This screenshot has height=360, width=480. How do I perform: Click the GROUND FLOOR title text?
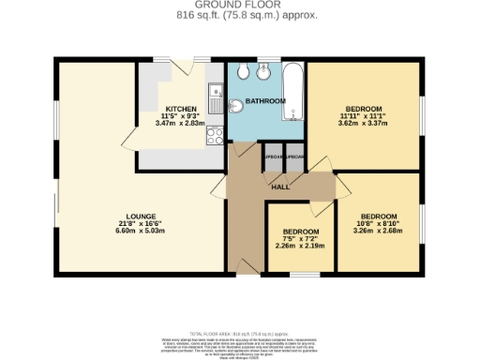point(239,6)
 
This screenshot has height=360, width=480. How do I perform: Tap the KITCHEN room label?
point(181,108)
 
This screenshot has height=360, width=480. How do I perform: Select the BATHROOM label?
point(265,99)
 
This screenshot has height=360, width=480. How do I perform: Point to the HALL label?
point(280,187)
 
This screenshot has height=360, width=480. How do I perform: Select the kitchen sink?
point(215,93)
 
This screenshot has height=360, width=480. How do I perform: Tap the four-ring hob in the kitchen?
point(214,138)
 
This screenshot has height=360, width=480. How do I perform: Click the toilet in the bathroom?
point(243,73)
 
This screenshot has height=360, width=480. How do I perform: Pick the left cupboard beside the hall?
point(274,157)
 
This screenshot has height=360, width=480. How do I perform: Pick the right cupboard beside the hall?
point(294,157)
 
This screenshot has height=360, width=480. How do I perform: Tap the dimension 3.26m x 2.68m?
point(381,230)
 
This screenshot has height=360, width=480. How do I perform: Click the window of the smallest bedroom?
point(302,275)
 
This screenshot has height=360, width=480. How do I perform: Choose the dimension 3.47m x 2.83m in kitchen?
point(181,122)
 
